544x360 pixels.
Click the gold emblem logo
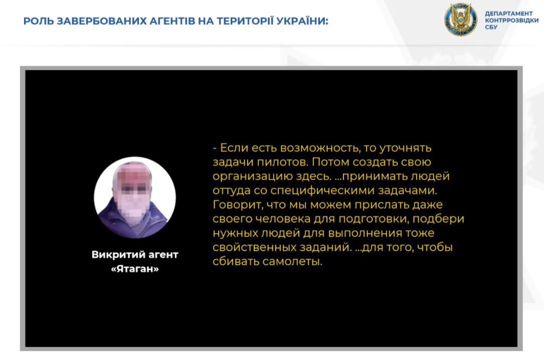[x=461, y=20]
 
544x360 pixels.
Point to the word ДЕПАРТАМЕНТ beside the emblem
[x=508, y=14]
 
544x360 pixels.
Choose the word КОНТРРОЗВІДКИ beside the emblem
[x=512, y=21]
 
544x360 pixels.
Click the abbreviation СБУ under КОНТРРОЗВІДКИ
[x=491, y=27]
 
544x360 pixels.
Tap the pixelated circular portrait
[x=134, y=198]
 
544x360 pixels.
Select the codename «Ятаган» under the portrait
[x=135, y=269]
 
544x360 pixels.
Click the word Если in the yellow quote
[x=234, y=148]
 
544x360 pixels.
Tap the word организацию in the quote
[x=253, y=176]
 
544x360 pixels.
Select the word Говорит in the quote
[x=238, y=205]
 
